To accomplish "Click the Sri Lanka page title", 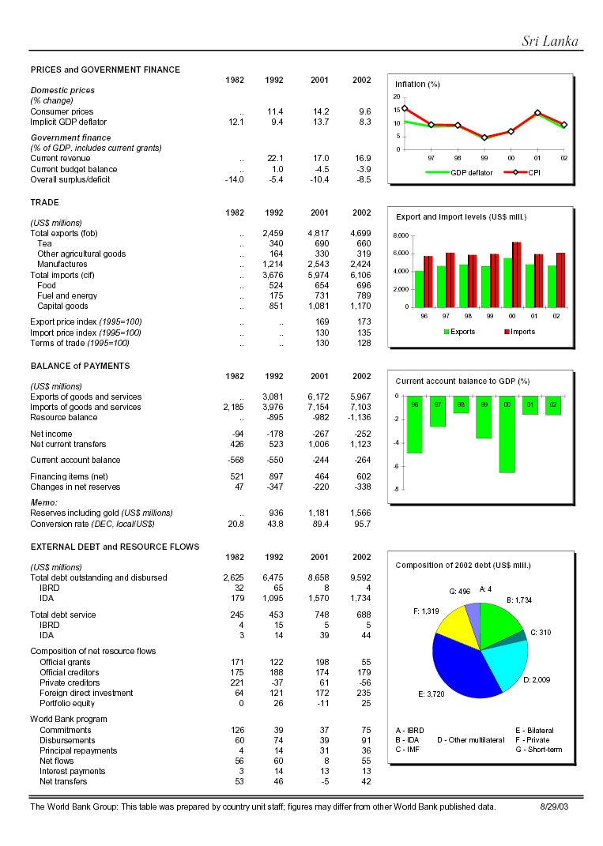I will tap(550, 41).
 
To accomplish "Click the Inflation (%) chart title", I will tap(417, 84).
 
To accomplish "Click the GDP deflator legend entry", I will tap(460, 171).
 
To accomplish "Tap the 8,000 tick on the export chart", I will tap(401, 235).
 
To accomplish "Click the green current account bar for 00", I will tap(507, 434).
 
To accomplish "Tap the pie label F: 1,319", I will tap(426, 611).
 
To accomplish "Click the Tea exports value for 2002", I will tap(361, 244).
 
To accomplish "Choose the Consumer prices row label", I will tap(62, 112).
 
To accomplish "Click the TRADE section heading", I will tap(44, 203).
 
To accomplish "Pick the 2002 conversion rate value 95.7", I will tap(361, 524).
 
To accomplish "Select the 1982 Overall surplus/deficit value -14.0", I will tap(234, 179).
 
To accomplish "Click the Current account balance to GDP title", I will tap(462, 381).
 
